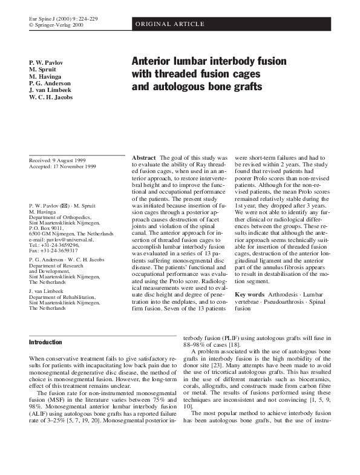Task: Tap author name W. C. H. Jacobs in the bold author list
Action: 51,96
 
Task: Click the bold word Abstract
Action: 144,157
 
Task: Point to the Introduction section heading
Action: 46,342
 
